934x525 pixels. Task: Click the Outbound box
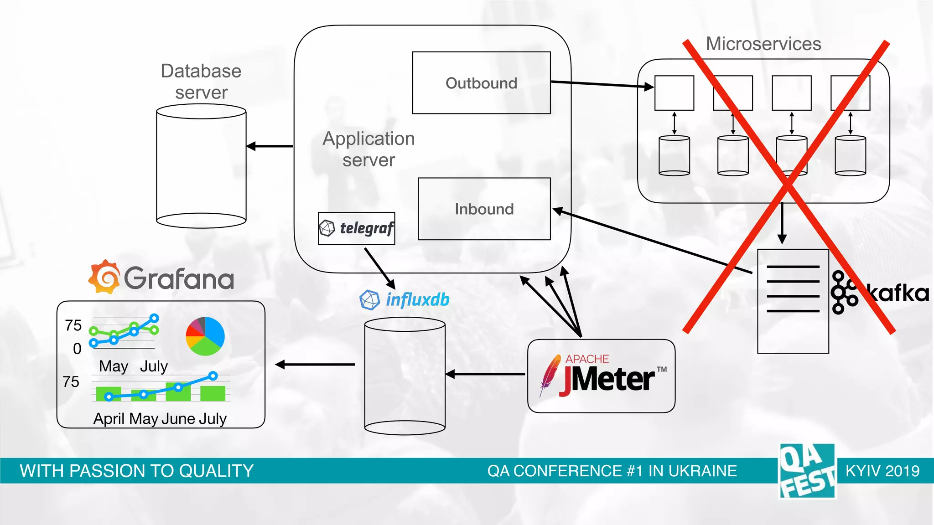[481, 83]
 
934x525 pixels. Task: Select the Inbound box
[484, 209]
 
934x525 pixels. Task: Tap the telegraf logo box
[356, 228]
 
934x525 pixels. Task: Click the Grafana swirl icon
[104, 277]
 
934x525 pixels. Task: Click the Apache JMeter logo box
[601, 376]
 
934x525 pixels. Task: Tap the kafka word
[898, 293]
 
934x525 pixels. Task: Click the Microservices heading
[763, 44]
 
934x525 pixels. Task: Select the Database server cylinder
[201, 166]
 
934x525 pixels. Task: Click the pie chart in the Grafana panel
[205, 336]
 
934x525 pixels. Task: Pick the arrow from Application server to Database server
[270, 146]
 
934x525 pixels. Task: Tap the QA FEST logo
[807, 471]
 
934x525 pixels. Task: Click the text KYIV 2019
[882, 471]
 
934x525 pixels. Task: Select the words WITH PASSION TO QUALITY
[136, 471]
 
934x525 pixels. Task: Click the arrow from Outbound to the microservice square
[602, 84]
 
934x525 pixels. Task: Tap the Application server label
[368, 149]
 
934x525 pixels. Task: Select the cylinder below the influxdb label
[405, 376]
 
